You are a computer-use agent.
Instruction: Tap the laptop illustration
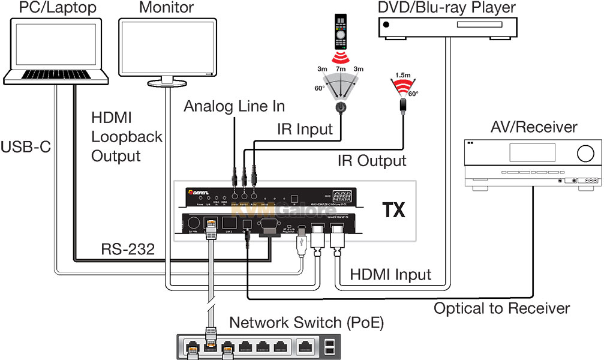(x=56, y=51)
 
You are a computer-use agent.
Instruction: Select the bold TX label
(x=394, y=210)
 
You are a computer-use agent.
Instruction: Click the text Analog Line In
(x=234, y=107)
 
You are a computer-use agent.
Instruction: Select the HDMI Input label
(x=391, y=275)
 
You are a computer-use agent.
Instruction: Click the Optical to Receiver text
(x=501, y=308)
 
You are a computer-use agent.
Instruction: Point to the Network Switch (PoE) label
(x=306, y=323)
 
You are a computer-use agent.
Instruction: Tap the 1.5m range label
(x=401, y=74)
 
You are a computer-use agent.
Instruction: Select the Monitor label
(x=166, y=8)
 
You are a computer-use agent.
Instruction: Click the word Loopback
(x=127, y=137)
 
